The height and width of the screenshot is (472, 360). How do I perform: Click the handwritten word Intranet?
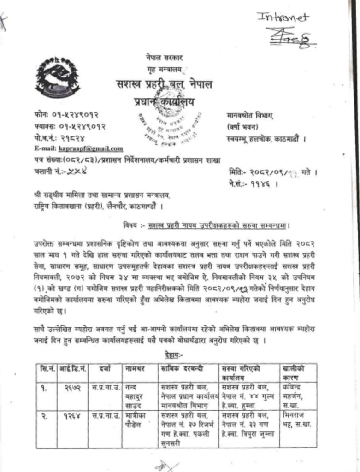coord(283,18)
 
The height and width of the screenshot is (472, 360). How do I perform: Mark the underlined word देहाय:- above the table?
coord(174,355)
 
